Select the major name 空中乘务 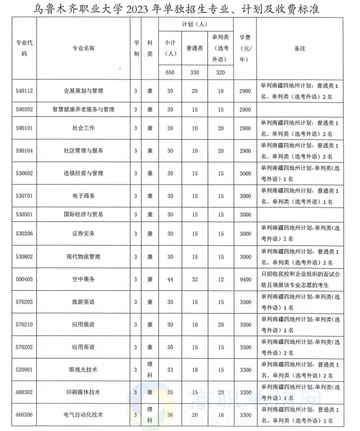pyautogui.click(x=84, y=279)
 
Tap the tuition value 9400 pyautogui.click(x=245, y=279)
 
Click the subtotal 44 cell pyautogui.click(x=170, y=279)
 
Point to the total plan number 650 pyautogui.click(x=170, y=73)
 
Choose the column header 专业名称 pyautogui.click(x=84, y=48)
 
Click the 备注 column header pyautogui.click(x=300, y=48)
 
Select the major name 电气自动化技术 pyautogui.click(x=84, y=414)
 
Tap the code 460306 pyautogui.click(x=25, y=414)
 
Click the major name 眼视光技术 pyautogui.click(x=84, y=369)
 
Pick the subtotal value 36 pyautogui.click(x=170, y=414)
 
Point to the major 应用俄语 pyautogui.click(x=84, y=324)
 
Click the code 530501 pyautogui.click(x=25, y=214)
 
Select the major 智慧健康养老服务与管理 pyautogui.click(x=84, y=109)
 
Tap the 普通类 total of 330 pyautogui.click(x=195, y=73)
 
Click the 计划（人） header pyautogui.click(x=195, y=25)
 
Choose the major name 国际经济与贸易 pyautogui.click(x=84, y=214)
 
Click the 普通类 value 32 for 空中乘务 pyautogui.click(x=195, y=279)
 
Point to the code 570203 pyautogui.click(x=25, y=302)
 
